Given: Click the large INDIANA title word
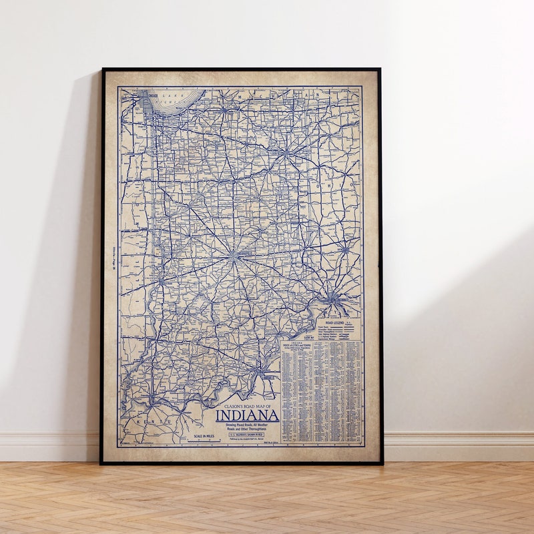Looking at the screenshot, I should (246, 415).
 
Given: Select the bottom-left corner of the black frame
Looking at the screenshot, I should (101, 463).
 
